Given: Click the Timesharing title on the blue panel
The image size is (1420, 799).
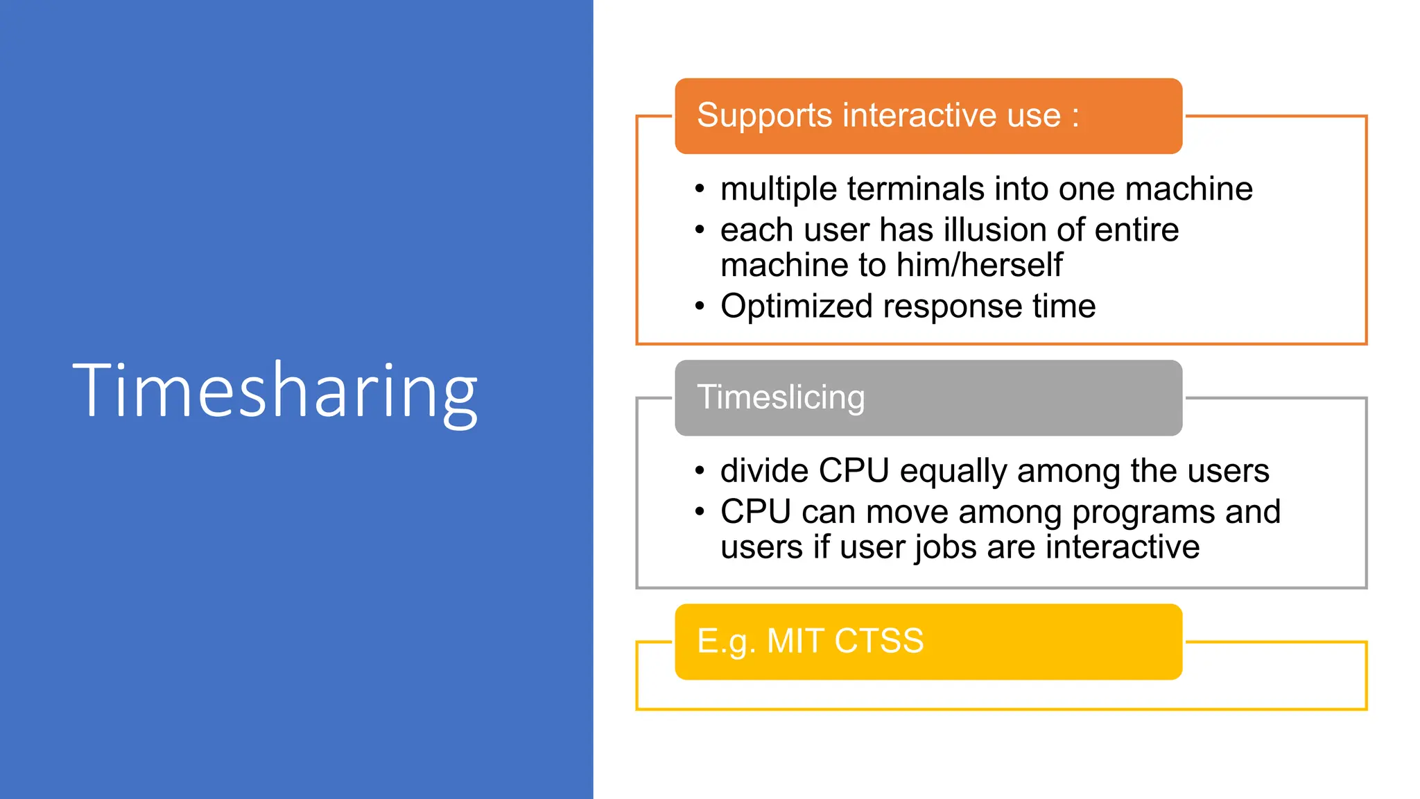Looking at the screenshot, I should coord(275,392).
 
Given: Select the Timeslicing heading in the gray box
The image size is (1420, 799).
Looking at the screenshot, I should coord(781,397).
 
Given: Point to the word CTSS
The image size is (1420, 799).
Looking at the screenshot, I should coord(878,641).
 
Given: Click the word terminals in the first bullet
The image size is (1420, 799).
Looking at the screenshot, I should coord(915,189).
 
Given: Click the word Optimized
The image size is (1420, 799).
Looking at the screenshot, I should coord(796,307).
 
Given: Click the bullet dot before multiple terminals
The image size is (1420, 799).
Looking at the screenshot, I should coord(700,189).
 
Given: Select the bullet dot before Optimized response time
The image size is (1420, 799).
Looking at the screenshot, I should coord(700,306).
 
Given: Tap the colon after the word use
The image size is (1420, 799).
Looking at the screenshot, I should coord(1075,117).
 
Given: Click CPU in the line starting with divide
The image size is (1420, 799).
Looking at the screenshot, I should coord(854,471).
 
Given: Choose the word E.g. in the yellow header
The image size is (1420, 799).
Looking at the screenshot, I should coord(725,642).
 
